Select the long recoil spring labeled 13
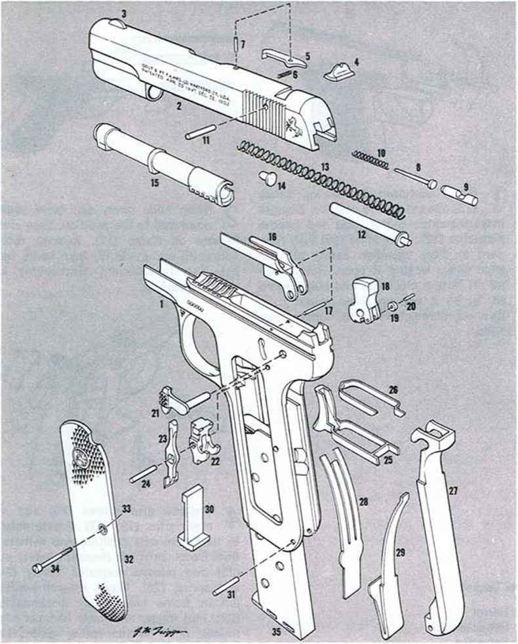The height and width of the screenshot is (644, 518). point(321,177)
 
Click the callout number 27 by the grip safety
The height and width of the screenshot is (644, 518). point(452,490)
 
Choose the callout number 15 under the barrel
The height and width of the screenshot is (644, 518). point(155,184)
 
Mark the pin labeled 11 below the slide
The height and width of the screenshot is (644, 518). point(197,134)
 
